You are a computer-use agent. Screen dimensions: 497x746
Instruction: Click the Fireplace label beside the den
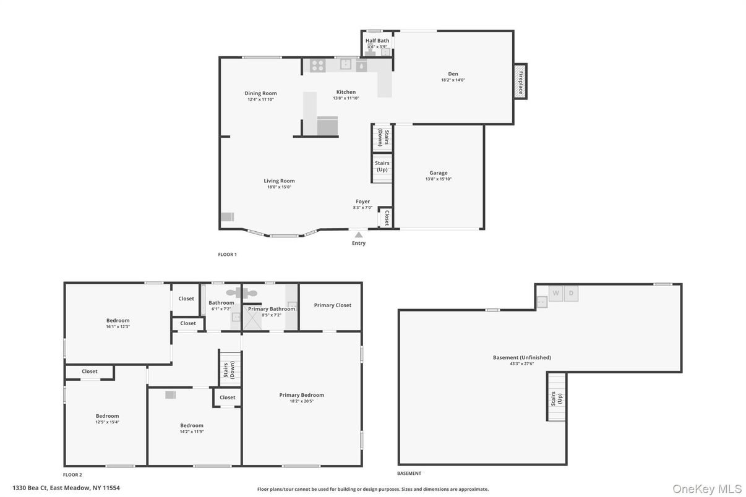[x=521, y=81]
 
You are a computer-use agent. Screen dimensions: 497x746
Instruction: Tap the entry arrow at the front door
[x=359, y=234]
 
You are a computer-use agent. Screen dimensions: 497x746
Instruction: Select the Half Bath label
[x=377, y=41]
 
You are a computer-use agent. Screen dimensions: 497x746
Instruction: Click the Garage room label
[x=439, y=173]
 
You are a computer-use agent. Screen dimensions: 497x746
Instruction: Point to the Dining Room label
[x=260, y=93]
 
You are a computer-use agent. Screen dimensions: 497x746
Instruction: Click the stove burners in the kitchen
[x=318, y=65]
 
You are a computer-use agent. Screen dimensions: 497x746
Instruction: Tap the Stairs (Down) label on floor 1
[x=382, y=138]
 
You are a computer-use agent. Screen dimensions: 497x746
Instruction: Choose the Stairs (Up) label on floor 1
[x=382, y=166]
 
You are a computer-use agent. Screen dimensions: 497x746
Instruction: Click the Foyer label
[x=362, y=202]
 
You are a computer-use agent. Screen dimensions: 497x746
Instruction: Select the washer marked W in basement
[x=555, y=293]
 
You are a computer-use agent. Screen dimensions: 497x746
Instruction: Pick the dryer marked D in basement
[x=571, y=293]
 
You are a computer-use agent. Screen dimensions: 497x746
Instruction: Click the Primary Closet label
[x=333, y=305]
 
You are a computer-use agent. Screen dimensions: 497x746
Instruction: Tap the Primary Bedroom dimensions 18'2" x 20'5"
[x=302, y=401]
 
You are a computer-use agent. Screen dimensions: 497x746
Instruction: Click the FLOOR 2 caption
[x=72, y=475]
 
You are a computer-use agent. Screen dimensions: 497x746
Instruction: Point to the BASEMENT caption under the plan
[x=409, y=474]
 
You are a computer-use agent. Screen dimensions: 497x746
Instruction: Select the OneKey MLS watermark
[x=707, y=489]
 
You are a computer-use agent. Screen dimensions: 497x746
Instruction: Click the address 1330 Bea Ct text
[x=66, y=488]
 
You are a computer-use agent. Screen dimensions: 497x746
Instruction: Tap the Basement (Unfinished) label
[x=521, y=357]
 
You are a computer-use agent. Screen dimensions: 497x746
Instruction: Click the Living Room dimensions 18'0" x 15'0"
[x=278, y=187]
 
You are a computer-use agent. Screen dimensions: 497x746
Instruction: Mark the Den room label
[x=453, y=74]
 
